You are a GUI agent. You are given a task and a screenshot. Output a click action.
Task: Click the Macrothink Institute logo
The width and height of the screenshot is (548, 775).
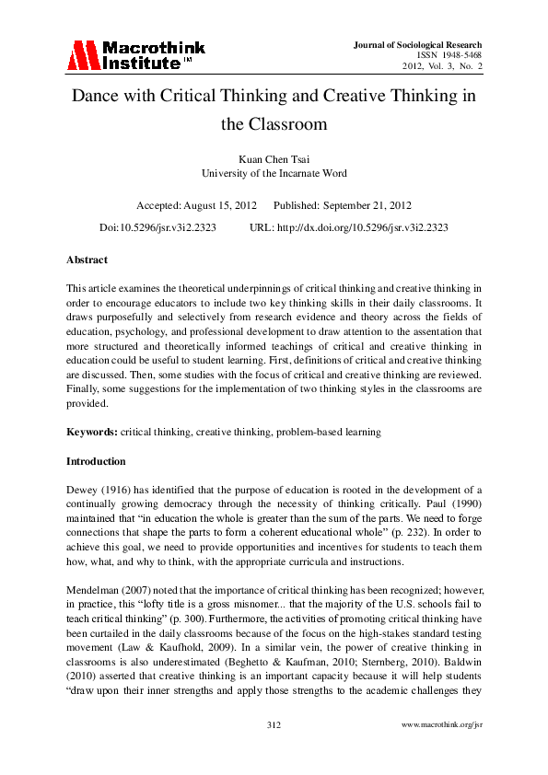(135, 55)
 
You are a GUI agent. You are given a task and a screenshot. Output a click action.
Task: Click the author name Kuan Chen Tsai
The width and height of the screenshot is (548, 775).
(274, 158)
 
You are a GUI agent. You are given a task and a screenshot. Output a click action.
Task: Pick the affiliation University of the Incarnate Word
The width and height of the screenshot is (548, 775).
(274, 172)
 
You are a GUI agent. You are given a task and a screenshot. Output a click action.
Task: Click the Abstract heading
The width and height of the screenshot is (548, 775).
(87, 260)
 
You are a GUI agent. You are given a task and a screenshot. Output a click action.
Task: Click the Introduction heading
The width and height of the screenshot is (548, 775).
(95, 460)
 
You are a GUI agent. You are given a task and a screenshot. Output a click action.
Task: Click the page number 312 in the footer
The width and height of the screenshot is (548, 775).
(274, 751)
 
